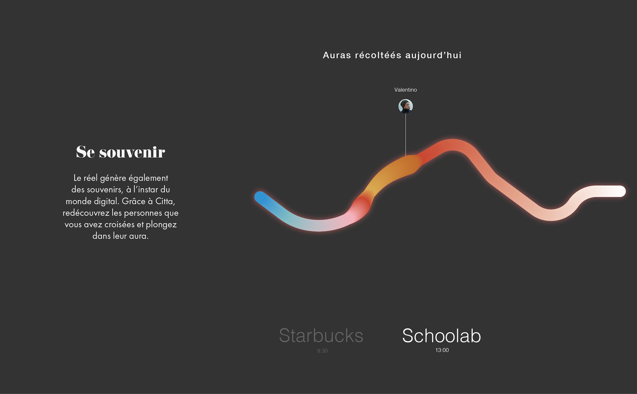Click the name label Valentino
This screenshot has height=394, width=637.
click(405, 90)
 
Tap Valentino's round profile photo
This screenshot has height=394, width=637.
click(405, 106)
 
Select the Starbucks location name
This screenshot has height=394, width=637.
click(321, 336)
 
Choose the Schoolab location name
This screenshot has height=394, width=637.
click(442, 336)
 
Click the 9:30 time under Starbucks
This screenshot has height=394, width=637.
click(322, 351)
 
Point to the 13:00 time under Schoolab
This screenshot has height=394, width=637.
click(442, 350)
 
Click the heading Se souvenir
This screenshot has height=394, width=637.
click(121, 152)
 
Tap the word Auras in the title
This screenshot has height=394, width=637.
click(337, 55)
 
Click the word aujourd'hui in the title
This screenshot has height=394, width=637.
click(433, 55)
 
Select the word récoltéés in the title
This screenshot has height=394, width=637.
click(378, 55)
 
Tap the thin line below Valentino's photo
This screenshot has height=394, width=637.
click(405, 134)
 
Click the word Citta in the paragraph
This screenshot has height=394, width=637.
click(164, 201)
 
